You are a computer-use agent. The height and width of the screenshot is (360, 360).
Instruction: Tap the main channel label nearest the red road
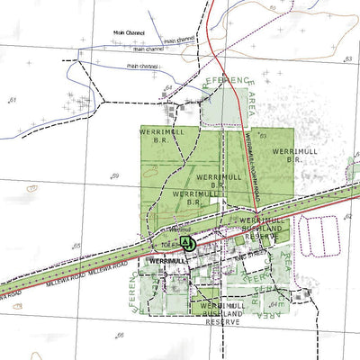pos(180,40)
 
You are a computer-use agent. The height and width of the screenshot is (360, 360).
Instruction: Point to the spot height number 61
pos(13,98)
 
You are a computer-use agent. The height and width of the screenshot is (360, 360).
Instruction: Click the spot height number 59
pos(114,175)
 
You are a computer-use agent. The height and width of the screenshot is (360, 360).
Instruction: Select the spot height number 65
pos(77,246)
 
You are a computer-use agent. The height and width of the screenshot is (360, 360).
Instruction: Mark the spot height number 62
pos(348,216)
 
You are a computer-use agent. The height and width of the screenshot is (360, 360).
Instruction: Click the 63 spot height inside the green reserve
pos(263,136)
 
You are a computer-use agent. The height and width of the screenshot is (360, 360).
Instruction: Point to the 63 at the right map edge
pos(348,58)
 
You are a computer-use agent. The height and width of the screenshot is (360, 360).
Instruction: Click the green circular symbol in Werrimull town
pos(186,242)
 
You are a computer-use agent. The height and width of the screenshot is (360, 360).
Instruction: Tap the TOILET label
pos(168,244)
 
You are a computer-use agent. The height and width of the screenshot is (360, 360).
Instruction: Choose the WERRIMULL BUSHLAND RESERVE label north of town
pos(260,227)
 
